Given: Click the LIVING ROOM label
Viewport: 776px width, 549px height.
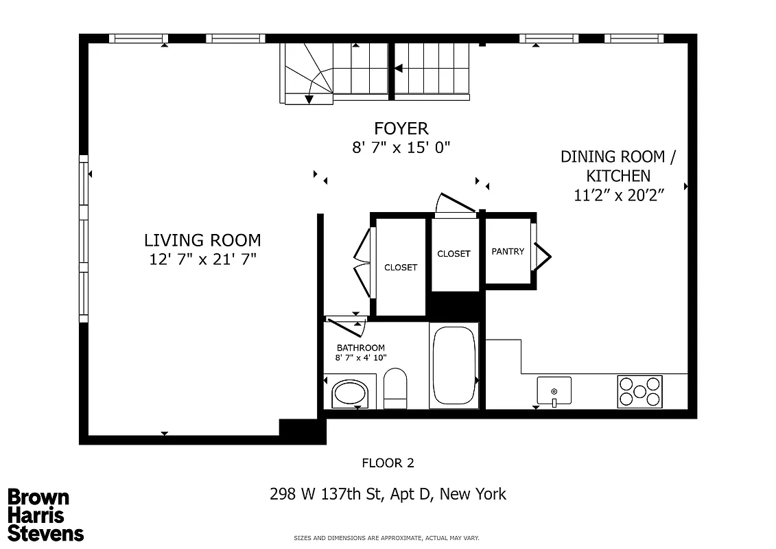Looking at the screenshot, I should coord(202,240).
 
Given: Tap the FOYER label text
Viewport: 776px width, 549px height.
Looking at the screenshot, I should coord(401,128).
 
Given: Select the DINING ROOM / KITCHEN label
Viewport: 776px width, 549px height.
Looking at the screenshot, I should coord(618,166).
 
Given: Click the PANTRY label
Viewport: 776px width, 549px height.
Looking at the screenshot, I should coord(508,252).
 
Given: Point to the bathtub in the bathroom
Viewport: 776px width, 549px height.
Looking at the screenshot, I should coord(453,365).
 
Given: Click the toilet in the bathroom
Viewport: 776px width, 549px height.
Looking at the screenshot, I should coord(395,388).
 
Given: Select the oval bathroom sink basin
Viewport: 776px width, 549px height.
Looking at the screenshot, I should coord(350,394).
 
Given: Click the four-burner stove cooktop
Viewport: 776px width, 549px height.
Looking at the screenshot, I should coord(639,391).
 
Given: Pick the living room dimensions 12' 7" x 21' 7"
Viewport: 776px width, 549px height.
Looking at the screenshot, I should coord(202,259).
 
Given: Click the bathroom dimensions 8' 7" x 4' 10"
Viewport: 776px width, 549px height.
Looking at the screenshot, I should coord(361,358).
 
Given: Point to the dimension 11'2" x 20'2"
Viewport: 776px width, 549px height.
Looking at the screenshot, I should coord(618,196).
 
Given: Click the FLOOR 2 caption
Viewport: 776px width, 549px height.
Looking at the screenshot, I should coord(388,463).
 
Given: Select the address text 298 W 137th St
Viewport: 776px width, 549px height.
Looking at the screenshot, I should coord(387,494).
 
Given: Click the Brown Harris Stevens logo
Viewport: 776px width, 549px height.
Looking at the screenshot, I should coord(45,515).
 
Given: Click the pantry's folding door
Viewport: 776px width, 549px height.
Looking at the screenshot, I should coord(543,254).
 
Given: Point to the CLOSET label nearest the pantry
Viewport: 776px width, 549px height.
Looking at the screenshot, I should coord(454,254).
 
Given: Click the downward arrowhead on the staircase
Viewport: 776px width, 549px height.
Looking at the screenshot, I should coord(309,100).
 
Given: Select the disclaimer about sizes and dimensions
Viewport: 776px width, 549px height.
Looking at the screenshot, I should coord(386,538).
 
